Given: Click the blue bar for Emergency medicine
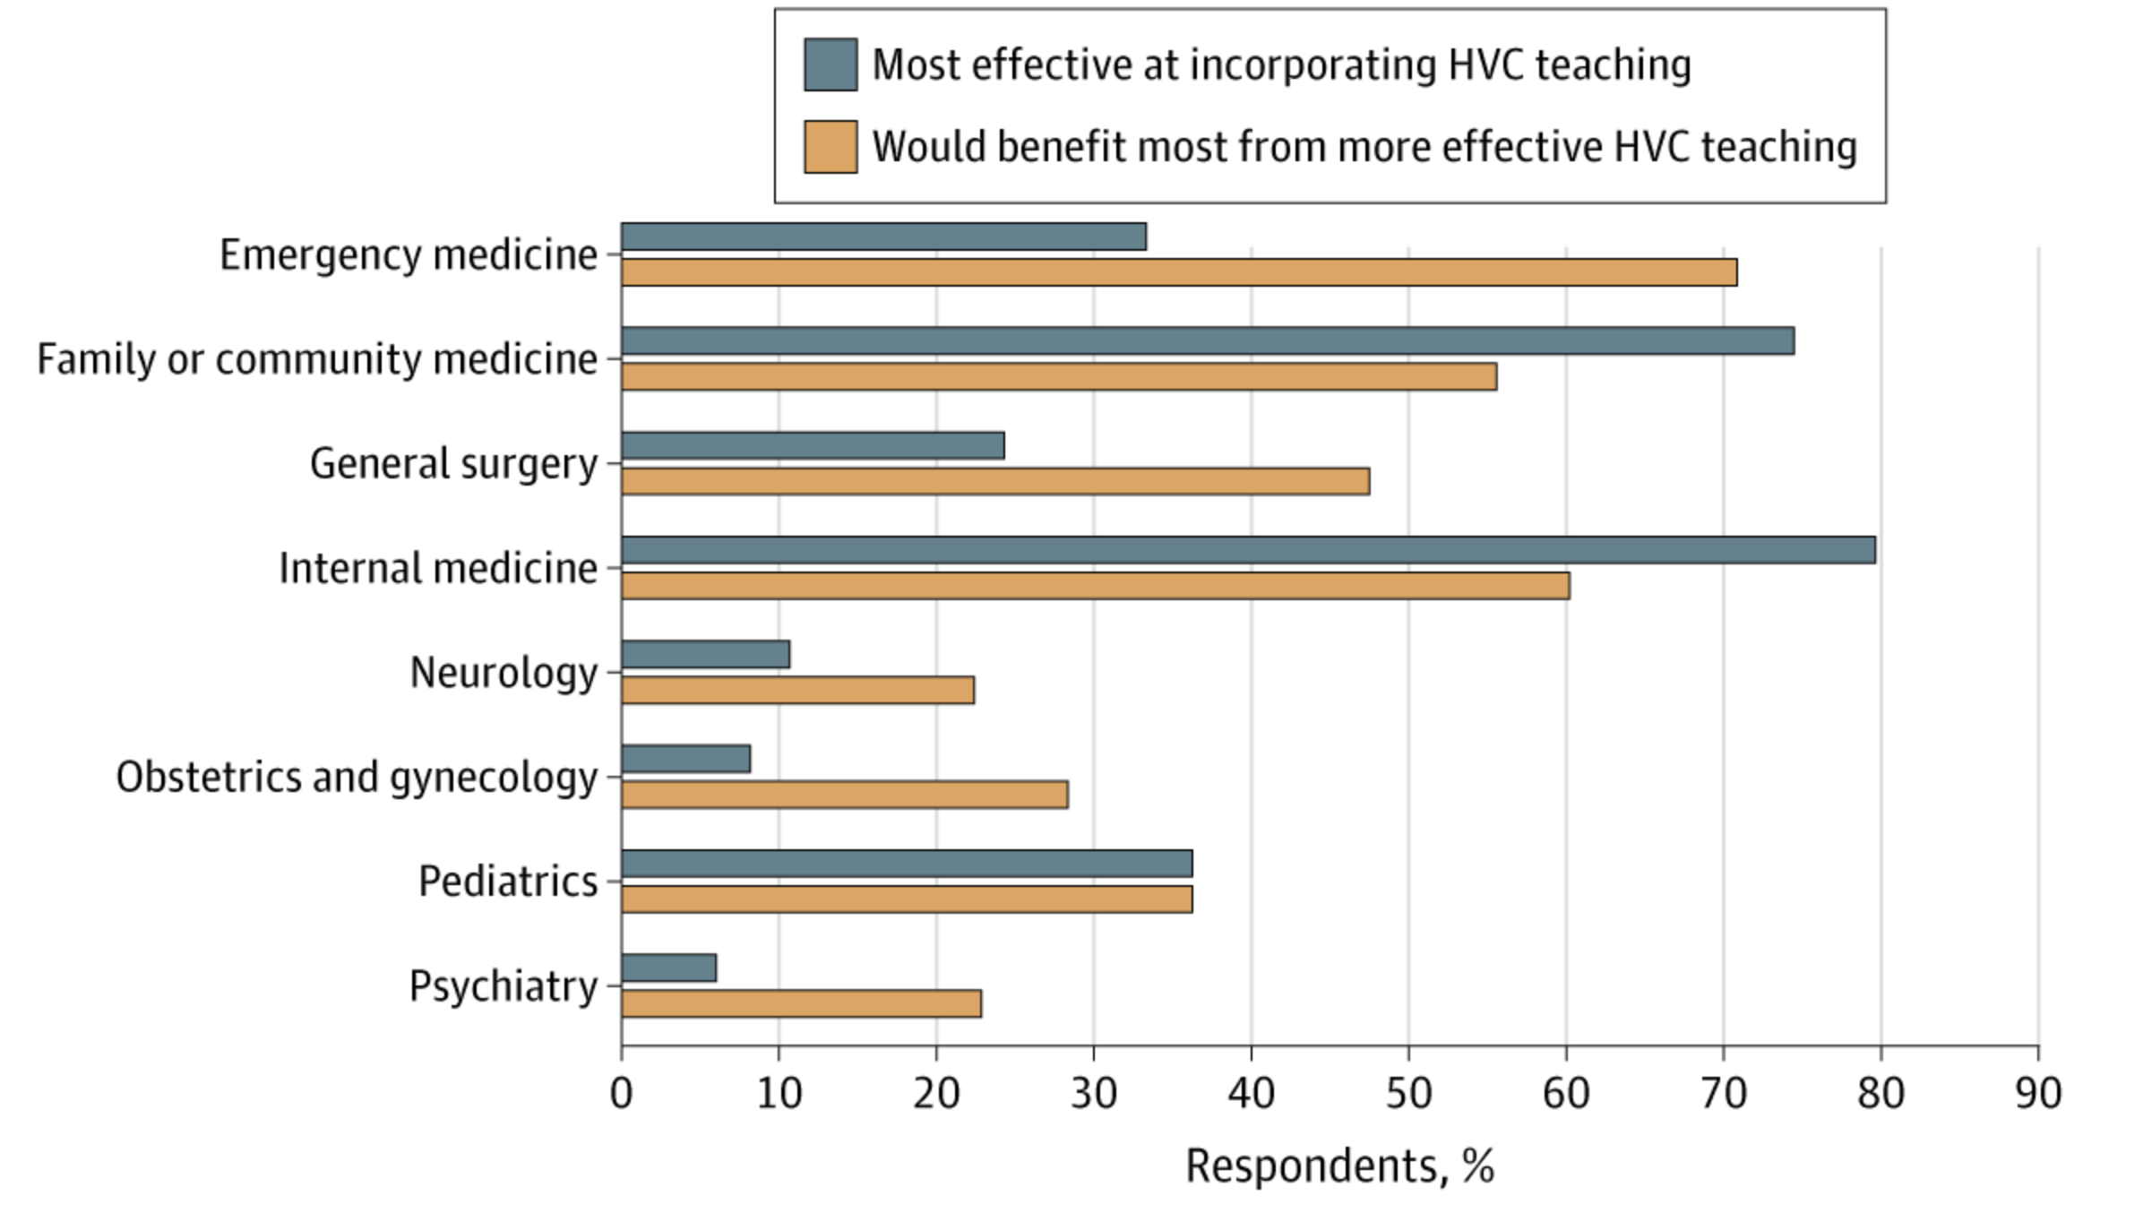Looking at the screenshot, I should [883, 237].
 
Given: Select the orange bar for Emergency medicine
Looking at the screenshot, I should [1178, 272].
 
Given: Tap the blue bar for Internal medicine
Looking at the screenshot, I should [1248, 550].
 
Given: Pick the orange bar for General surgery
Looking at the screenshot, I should [994, 481].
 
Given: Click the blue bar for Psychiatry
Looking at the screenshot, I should [668, 968].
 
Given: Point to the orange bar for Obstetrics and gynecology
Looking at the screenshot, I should [844, 795].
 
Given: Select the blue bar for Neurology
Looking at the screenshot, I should [705, 654].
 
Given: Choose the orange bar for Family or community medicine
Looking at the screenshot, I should [1058, 377].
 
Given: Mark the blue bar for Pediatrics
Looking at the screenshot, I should [907, 864].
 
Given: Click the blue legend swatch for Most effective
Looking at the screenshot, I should [830, 65].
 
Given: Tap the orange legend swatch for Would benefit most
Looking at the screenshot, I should [830, 147].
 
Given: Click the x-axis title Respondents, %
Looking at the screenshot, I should [1339, 1166].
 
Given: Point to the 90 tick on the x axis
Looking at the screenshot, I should [2037, 1094].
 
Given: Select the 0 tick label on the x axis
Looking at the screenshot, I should [621, 1094].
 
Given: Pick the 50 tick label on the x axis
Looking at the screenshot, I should [1408, 1094].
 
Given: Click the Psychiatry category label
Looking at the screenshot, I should [503, 986].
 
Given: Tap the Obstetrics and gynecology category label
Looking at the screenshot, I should [357, 777].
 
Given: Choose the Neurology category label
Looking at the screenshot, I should [503, 673].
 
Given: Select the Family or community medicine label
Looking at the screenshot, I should [317, 359].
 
